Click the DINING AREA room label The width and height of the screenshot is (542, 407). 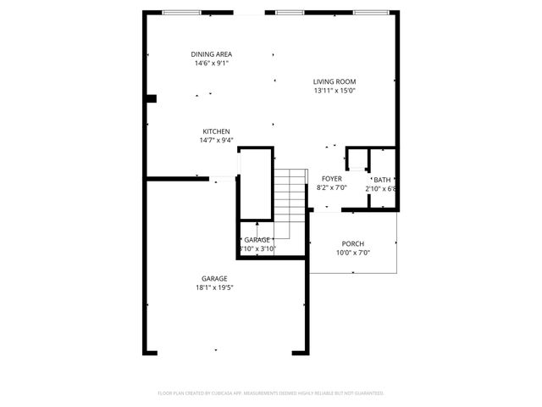(211, 54)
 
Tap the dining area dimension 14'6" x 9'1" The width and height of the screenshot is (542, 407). (211, 63)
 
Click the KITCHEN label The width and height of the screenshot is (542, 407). (216, 131)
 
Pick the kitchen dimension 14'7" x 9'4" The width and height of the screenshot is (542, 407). (216, 140)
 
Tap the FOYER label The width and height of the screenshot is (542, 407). (331, 179)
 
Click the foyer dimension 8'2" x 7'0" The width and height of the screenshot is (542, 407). (331, 187)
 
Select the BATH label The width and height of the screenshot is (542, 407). (383, 180)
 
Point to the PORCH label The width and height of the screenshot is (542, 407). (353, 243)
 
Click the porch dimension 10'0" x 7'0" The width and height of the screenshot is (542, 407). (353, 252)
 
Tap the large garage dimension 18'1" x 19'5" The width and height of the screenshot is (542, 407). (214, 287)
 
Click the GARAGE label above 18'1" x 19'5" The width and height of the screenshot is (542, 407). (214, 279)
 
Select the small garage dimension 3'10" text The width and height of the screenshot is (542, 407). (257, 249)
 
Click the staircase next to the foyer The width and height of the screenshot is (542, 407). (290, 203)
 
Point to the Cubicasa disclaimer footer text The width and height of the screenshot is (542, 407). (271, 393)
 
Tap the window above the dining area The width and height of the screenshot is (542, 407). (182, 13)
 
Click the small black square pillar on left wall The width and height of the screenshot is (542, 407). (152, 98)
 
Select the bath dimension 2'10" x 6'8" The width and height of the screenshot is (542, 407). (380, 189)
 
